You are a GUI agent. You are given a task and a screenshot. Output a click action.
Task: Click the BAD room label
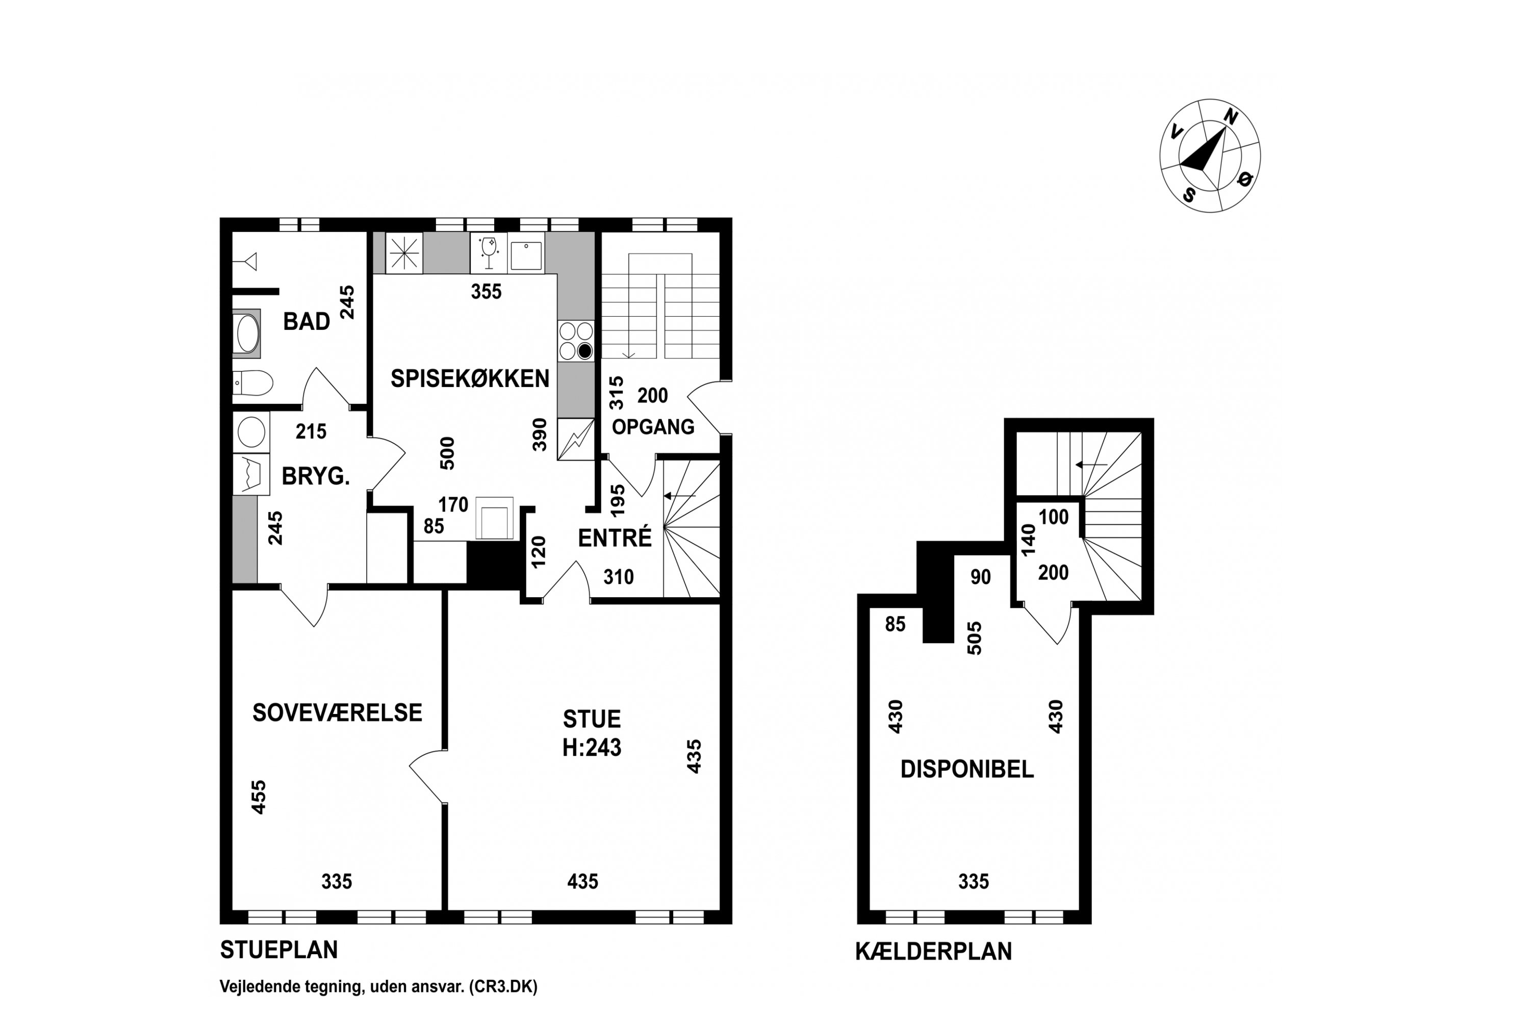(307, 321)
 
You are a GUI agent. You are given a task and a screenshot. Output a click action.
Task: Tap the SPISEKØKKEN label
(470, 378)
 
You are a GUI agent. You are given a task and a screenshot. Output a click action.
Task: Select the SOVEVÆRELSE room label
(337, 713)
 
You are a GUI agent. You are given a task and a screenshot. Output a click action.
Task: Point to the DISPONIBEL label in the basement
(966, 770)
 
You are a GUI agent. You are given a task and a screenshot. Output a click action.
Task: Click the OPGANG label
(653, 427)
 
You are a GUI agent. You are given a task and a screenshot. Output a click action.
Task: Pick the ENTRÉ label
(615, 538)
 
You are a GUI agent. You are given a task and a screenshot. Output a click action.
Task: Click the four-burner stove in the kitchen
(576, 341)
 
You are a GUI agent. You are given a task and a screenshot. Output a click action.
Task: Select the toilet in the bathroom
(252, 383)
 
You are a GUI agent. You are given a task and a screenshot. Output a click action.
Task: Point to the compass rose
(1210, 156)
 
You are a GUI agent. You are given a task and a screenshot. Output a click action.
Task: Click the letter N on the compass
(1231, 116)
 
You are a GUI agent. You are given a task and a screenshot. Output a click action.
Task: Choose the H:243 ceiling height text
(592, 748)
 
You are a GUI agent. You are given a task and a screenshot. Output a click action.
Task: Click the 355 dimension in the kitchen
(487, 291)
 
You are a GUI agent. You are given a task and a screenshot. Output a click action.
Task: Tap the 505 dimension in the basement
(975, 638)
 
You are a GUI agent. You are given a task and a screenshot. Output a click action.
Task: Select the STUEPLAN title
(279, 951)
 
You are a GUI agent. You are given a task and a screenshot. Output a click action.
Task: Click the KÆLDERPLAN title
(933, 952)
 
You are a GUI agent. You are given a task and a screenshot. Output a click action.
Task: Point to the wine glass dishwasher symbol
(489, 252)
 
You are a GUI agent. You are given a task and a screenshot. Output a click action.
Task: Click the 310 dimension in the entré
(619, 577)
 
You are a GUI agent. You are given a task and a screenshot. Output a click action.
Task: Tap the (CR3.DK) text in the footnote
(503, 987)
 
